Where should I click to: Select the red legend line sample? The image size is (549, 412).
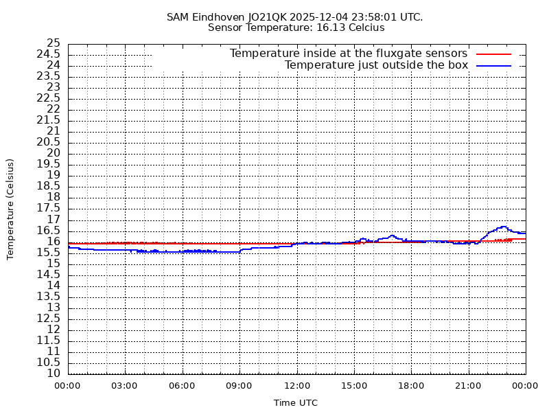[x=493, y=54]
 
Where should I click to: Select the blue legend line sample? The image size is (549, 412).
[x=493, y=65]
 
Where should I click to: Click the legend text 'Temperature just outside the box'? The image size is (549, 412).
[x=376, y=65]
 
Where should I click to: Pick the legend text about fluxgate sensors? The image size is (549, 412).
[x=349, y=54]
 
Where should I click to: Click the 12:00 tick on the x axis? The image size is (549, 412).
[x=296, y=386]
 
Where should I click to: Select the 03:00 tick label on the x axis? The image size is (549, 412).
[x=125, y=386]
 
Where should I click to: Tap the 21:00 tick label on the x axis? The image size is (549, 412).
[x=468, y=386]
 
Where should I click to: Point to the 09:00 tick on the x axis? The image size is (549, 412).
[x=240, y=386]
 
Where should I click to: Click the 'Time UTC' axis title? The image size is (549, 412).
[x=296, y=403]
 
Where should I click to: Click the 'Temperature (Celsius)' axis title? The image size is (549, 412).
[x=10, y=209]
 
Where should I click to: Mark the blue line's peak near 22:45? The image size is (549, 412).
[x=503, y=227]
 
